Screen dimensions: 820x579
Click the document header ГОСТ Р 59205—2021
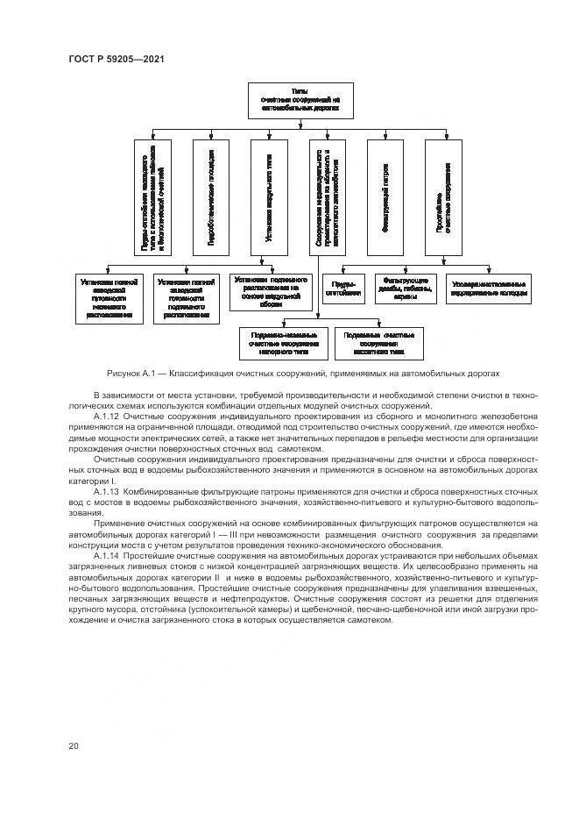[116, 59]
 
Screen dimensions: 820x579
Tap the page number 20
[74, 745]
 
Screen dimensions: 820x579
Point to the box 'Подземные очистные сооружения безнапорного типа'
[379, 343]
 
